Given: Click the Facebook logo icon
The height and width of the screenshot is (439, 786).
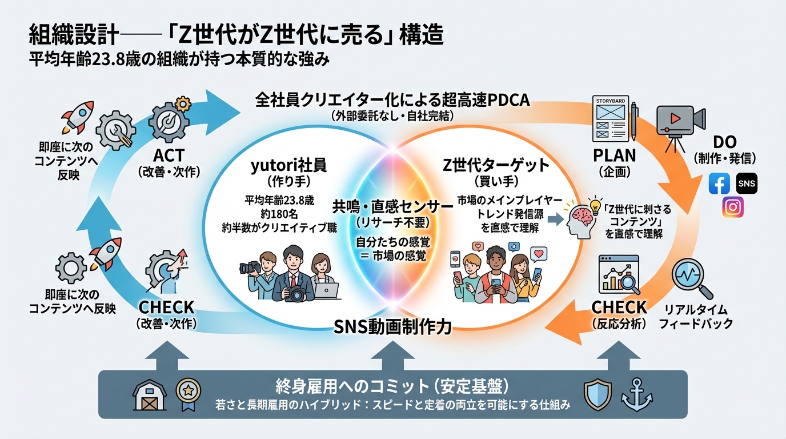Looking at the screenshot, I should [719, 183].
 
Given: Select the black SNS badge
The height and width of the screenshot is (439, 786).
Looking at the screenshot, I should [747, 183].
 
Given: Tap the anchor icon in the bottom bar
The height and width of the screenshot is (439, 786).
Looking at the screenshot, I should [637, 394].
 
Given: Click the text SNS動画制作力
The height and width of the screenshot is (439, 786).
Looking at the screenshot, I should [392, 327].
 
